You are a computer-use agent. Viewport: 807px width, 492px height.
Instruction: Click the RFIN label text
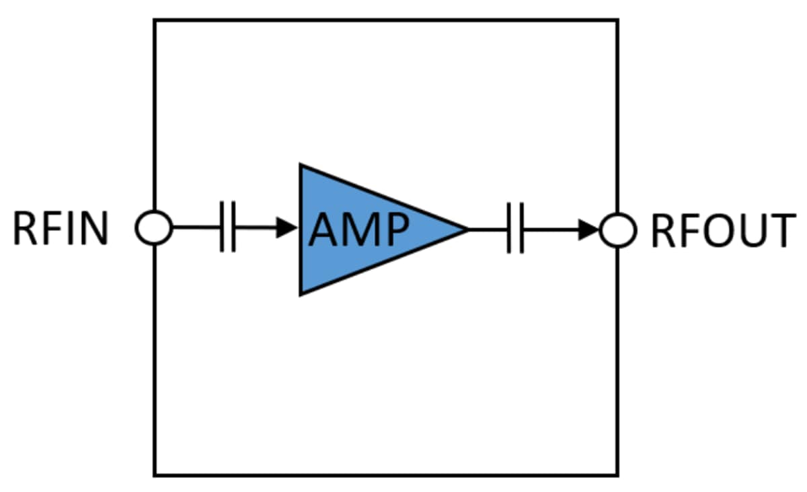[x=61, y=230]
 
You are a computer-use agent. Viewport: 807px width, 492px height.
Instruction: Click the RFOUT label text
[x=722, y=231]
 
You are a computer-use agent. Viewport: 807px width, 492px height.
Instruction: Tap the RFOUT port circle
[x=618, y=231]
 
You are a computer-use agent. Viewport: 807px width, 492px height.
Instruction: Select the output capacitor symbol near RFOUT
[x=516, y=231]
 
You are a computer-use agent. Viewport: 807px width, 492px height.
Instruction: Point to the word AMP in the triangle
[x=358, y=231]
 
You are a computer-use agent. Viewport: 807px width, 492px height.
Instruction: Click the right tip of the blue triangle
[x=466, y=230]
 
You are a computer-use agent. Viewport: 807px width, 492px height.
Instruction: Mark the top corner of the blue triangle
[x=301, y=166]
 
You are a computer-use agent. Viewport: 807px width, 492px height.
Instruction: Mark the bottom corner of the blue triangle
[x=301, y=293]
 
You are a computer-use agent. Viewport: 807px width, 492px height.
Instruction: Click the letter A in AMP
[x=323, y=231]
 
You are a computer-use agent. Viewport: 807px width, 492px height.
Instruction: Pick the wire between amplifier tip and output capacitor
[x=488, y=230]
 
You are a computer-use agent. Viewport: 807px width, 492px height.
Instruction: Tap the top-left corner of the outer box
[x=155, y=20]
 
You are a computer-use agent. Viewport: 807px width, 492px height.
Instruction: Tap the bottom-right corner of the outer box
[x=617, y=475]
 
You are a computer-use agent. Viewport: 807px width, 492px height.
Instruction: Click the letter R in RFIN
[x=25, y=230]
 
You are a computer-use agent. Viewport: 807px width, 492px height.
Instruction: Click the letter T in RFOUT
[x=782, y=231]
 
